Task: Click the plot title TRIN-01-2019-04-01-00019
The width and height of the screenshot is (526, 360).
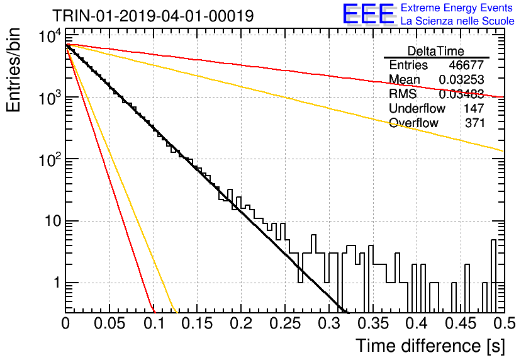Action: [x=153, y=16]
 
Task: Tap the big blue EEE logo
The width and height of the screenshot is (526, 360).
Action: [x=369, y=14]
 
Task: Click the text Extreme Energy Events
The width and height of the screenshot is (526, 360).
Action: [x=457, y=8]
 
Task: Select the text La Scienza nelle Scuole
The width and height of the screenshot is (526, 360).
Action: [x=457, y=21]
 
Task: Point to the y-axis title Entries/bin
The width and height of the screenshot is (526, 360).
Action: [x=13, y=70]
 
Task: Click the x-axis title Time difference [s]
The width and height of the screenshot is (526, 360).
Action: [x=430, y=346]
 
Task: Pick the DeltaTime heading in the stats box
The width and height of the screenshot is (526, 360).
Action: [x=436, y=51]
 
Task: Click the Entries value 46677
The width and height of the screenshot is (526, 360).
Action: [x=466, y=65]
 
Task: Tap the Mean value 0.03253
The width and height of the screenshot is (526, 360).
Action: [x=461, y=79]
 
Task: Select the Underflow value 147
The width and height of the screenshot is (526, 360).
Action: [x=474, y=108]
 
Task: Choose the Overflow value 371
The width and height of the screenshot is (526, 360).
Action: [x=474, y=123]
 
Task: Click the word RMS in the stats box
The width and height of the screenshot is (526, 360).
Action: [x=403, y=94]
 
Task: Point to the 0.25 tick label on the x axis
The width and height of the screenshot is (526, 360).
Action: [x=285, y=323]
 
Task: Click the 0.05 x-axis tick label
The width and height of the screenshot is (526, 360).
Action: [x=109, y=323]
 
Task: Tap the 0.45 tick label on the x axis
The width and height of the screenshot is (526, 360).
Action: [x=461, y=323]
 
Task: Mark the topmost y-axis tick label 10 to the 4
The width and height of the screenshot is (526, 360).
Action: [x=50, y=36]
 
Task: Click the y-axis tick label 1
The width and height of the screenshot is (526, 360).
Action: [x=57, y=283]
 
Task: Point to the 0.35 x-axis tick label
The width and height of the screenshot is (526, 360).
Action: [x=372, y=323]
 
